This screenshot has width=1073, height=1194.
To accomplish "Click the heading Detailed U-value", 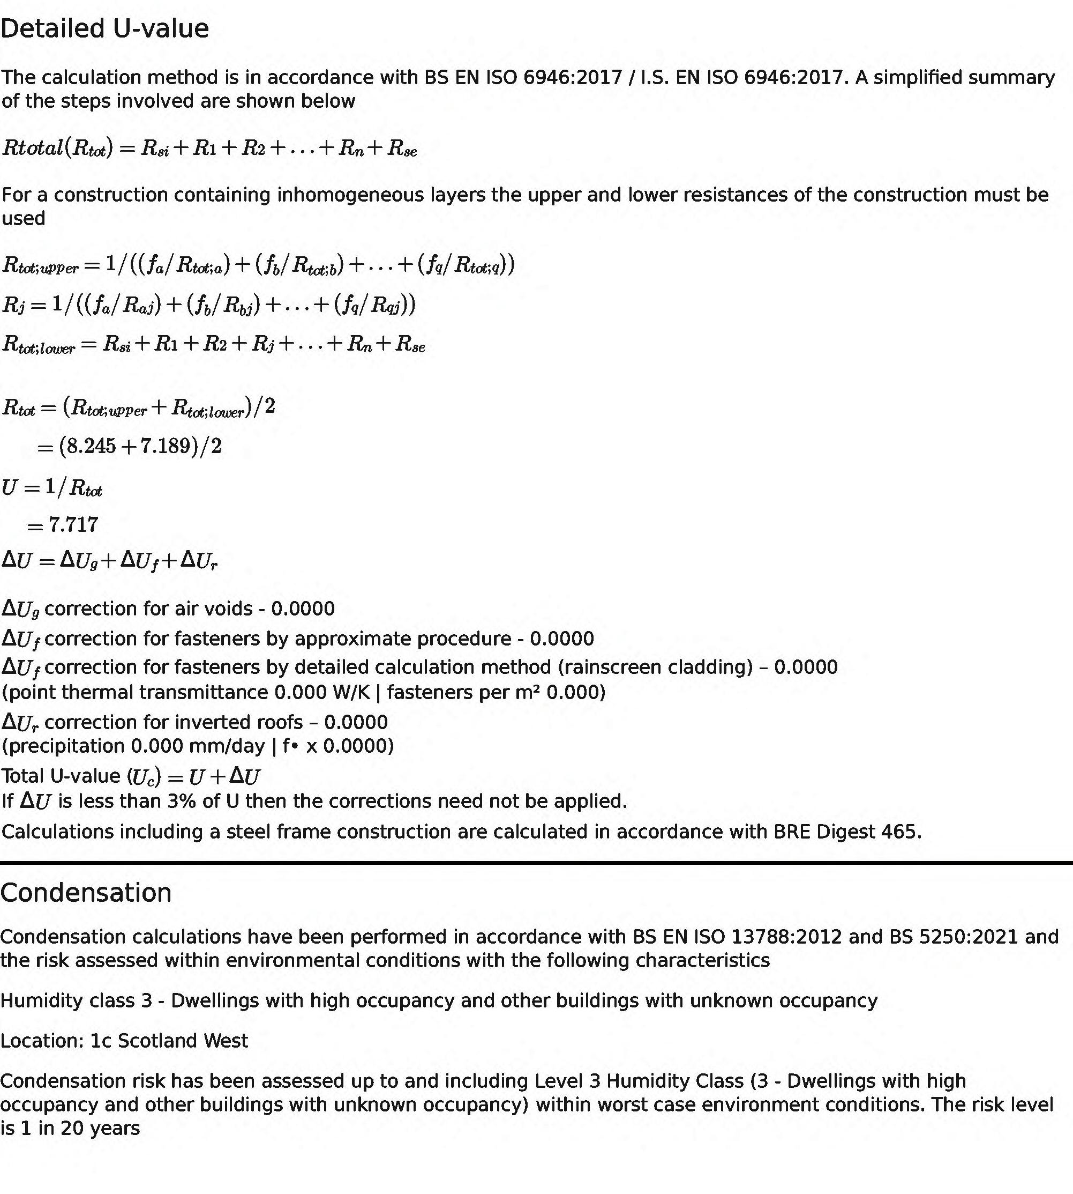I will click(x=104, y=29).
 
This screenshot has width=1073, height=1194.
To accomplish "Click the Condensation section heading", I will click(x=86, y=893).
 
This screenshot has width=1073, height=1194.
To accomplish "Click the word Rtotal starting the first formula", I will click(x=33, y=147).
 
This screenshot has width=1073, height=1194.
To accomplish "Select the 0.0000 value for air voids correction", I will click(x=303, y=609).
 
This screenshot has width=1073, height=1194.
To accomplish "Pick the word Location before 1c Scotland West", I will click(x=42, y=1041).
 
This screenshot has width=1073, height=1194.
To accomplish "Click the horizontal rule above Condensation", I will click(x=537, y=863).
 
